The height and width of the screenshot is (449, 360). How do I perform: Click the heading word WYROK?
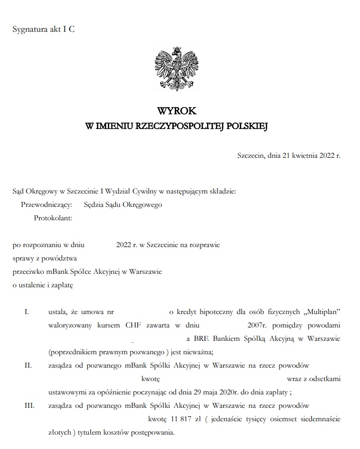[177, 112]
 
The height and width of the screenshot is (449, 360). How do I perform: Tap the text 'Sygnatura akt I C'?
[44, 29]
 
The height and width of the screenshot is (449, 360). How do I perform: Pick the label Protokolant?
[53, 217]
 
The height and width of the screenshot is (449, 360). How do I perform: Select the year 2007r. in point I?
[257, 325]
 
